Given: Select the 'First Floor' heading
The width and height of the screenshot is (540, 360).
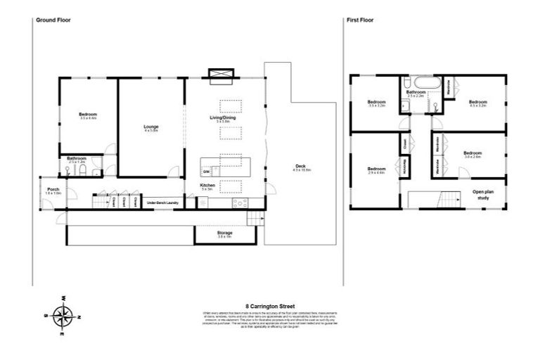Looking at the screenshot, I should click(359, 20).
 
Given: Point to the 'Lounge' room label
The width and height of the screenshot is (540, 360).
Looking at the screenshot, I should click(151, 128).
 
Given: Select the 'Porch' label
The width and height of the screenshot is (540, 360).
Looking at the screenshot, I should click(53, 190).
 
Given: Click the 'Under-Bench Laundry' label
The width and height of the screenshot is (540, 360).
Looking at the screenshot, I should click(161, 203).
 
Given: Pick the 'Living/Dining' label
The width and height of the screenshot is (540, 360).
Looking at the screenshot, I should click(224, 118).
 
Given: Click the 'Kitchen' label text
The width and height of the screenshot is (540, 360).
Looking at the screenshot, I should click(207, 186).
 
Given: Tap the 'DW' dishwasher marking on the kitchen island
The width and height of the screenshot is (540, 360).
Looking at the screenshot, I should click(207, 172).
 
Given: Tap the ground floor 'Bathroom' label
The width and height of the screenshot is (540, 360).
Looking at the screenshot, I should click(77, 159).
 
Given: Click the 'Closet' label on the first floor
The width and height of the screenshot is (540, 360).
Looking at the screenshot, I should click(404, 143).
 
